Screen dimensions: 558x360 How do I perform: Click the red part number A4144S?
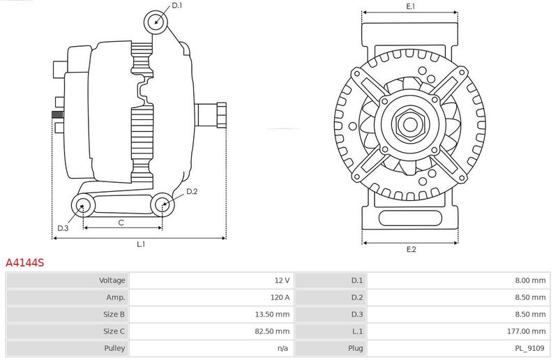25,263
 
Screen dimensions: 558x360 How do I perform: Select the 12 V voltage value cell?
282,280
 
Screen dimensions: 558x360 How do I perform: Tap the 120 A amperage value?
280,297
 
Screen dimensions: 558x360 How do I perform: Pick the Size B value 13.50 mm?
272,315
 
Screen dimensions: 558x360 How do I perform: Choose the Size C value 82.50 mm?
272,331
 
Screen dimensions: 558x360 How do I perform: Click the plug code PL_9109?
530,348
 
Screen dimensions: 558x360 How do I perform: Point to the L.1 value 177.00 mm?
527,331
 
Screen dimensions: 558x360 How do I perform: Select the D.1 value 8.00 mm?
530,280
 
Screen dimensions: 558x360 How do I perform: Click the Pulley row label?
114,348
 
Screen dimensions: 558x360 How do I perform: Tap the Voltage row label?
112,280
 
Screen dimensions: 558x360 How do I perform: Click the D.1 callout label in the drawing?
177,6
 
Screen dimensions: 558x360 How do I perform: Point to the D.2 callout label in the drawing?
192,192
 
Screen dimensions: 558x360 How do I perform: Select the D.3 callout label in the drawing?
63,228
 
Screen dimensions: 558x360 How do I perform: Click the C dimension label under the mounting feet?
121,223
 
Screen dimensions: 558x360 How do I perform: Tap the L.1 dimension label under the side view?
141,244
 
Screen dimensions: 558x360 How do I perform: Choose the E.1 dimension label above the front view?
411,6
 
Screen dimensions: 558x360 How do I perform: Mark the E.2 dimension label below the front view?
411,249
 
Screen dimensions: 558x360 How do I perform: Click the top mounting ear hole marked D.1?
156,22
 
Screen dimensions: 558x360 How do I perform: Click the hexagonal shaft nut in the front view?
410,124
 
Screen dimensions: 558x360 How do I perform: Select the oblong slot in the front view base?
410,218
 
